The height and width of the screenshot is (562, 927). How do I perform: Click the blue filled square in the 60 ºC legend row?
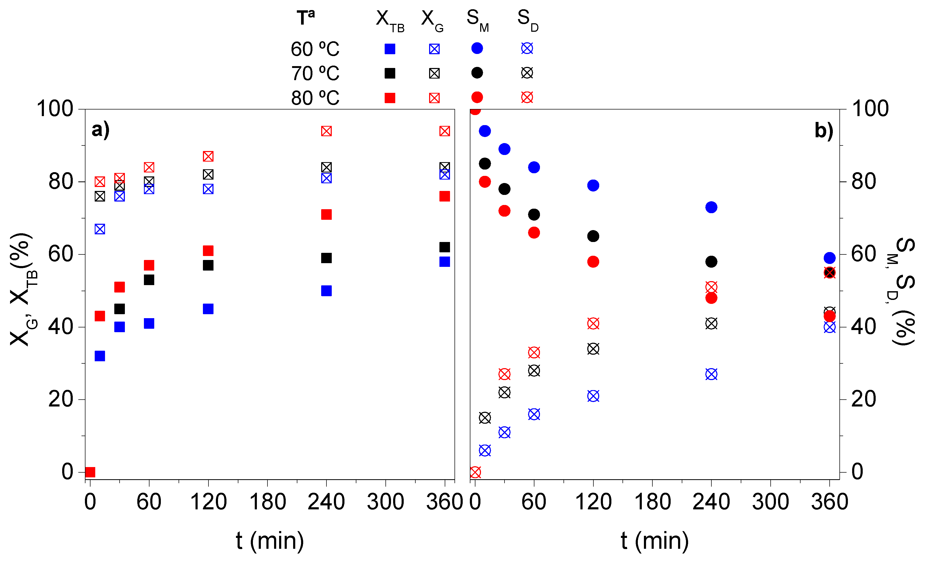(390, 49)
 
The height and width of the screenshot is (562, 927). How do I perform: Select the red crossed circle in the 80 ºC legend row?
(527, 97)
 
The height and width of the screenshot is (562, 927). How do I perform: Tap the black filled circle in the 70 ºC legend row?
(477, 73)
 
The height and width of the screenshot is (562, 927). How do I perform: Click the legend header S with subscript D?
(528, 20)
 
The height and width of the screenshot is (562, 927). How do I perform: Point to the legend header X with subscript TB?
(389, 20)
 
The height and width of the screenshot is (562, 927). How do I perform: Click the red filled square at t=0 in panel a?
(90, 472)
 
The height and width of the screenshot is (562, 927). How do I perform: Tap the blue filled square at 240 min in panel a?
(326, 291)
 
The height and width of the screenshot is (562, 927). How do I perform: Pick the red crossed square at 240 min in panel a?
(326, 131)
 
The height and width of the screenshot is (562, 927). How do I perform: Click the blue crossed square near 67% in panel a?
(100, 229)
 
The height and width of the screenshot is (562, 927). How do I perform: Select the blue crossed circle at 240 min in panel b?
(711, 374)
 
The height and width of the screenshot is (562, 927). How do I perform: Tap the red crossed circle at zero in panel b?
(475, 472)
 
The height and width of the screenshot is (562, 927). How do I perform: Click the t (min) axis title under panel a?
(270, 541)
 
